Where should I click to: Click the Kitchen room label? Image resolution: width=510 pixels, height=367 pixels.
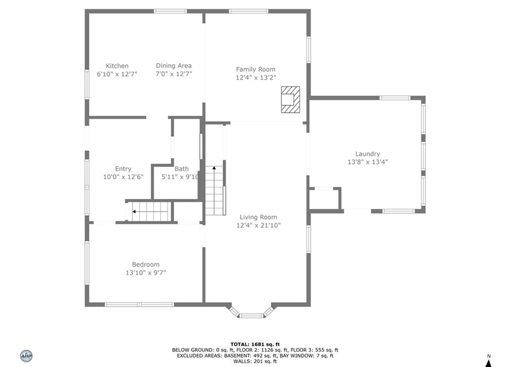pyautogui.click(x=117, y=66)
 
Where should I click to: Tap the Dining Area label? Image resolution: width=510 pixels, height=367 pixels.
pyautogui.click(x=174, y=66)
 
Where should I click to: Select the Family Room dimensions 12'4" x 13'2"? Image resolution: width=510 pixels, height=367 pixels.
pyautogui.click(x=255, y=78)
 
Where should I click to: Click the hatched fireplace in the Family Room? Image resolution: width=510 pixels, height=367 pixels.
pyautogui.click(x=290, y=100)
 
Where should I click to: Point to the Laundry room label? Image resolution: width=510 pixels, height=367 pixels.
pyautogui.click(x=368, y=154)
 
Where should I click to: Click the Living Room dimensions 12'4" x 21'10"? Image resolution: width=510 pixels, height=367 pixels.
pyautogui.click(x=258, y=225)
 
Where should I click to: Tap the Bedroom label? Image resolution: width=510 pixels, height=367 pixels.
pyautogui.click(x=146, y=264)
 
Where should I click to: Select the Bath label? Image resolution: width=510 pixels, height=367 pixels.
pyautogui.click(x=181, y=169)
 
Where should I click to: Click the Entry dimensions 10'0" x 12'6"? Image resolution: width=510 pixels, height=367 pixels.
pyautogui.click(x=124, y=177)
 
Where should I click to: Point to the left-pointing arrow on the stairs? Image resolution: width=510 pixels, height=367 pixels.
pyautogui.click(x=149, y=212)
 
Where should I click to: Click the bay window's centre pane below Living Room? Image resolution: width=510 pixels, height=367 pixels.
pyautogui.click(x=252, y=316)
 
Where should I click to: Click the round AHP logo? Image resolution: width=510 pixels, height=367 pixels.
pyautogui.click(x=26, y=356)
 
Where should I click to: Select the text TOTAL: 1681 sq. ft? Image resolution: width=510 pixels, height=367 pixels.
pyautogui.click(x=255, y=344)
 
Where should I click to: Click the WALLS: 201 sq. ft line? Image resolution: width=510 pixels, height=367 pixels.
pyautogui.click(x=255, y=361)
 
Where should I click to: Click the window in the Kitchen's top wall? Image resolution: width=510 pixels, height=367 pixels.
pyautogui.click(x=170, y=11)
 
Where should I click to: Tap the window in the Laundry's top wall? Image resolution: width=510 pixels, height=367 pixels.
pyautogui.click(x=395, y=98)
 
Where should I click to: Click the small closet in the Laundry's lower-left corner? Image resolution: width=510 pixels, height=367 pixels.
pyautogui.click(x=325, y=199)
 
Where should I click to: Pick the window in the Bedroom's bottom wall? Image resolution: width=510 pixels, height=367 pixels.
pyautogui.click(x=139, y=305)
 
